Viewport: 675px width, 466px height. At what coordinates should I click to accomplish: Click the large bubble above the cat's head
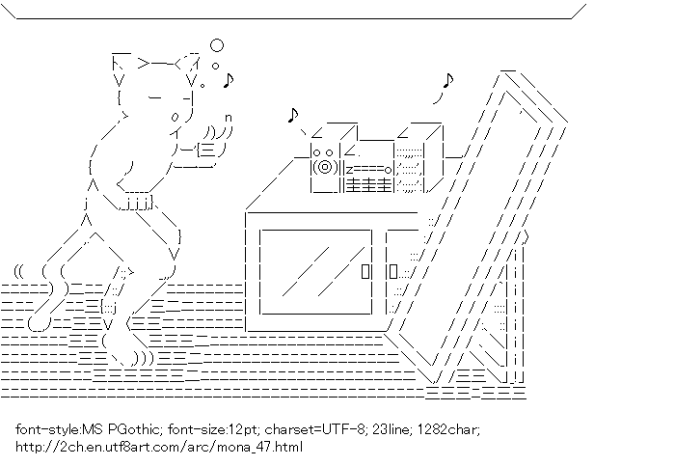point(217,44)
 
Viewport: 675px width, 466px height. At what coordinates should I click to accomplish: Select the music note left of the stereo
point(293,116)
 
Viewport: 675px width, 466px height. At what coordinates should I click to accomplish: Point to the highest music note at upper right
point(447,81)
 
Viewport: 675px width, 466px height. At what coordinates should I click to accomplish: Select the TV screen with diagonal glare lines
point(315,271)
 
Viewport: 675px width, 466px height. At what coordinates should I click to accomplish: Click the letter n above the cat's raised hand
point(229,119)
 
